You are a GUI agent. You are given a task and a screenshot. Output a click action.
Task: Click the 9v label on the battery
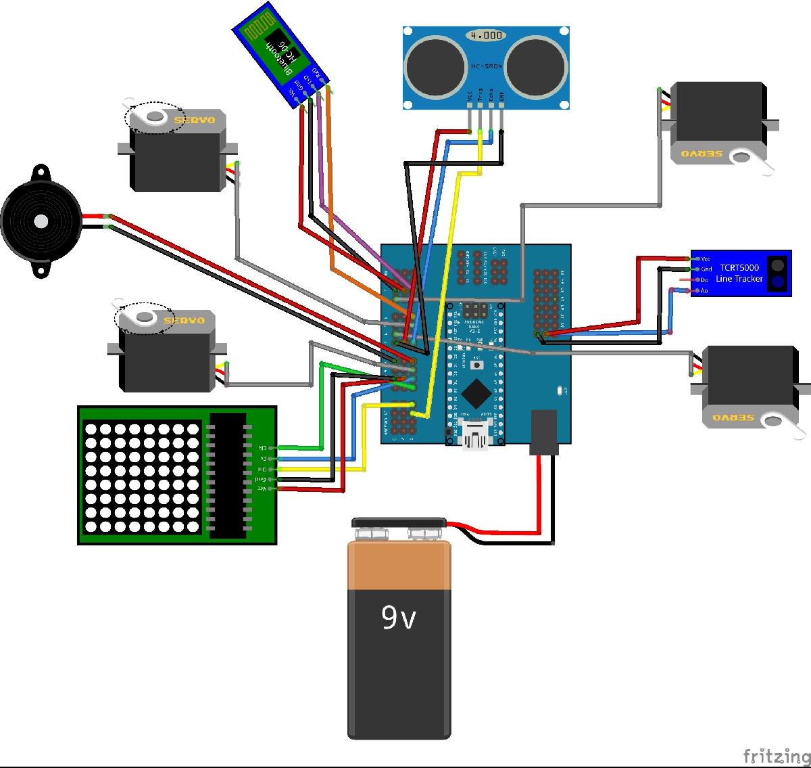(x=398, y=617)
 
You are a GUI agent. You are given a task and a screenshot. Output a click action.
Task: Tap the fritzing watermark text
(x=776, y=755)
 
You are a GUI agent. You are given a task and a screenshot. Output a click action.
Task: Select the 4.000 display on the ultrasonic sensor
(x=485, y=35)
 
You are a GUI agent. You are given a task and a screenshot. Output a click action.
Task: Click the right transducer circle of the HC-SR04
(x=536, y=65)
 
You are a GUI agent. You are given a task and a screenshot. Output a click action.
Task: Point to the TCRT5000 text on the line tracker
(x=739, y=268)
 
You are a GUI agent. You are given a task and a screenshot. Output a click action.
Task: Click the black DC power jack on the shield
(x=543, y=431)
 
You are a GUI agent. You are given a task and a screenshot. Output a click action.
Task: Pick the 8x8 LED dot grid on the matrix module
(x=142, y=477)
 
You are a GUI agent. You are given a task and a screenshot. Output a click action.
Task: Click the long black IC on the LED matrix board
(x=227, y=476)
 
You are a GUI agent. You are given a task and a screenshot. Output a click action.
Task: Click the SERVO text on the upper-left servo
(x=195, y=121)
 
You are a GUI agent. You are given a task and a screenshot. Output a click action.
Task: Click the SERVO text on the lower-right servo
(x=733, y=417)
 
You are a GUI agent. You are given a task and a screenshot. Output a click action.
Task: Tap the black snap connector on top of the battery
(x=399, y=522)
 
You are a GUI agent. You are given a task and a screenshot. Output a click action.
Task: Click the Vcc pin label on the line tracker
(x=706, y=259)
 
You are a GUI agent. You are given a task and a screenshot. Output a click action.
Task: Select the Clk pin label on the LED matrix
(x=262, y=447)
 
